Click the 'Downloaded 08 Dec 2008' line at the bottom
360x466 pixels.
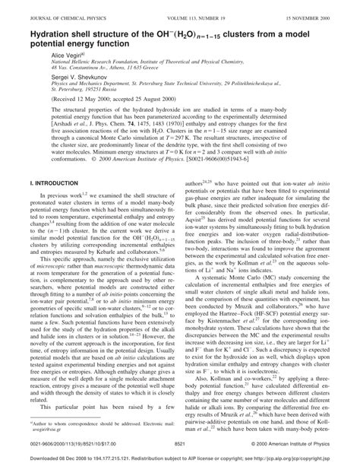(x=180, y=458)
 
